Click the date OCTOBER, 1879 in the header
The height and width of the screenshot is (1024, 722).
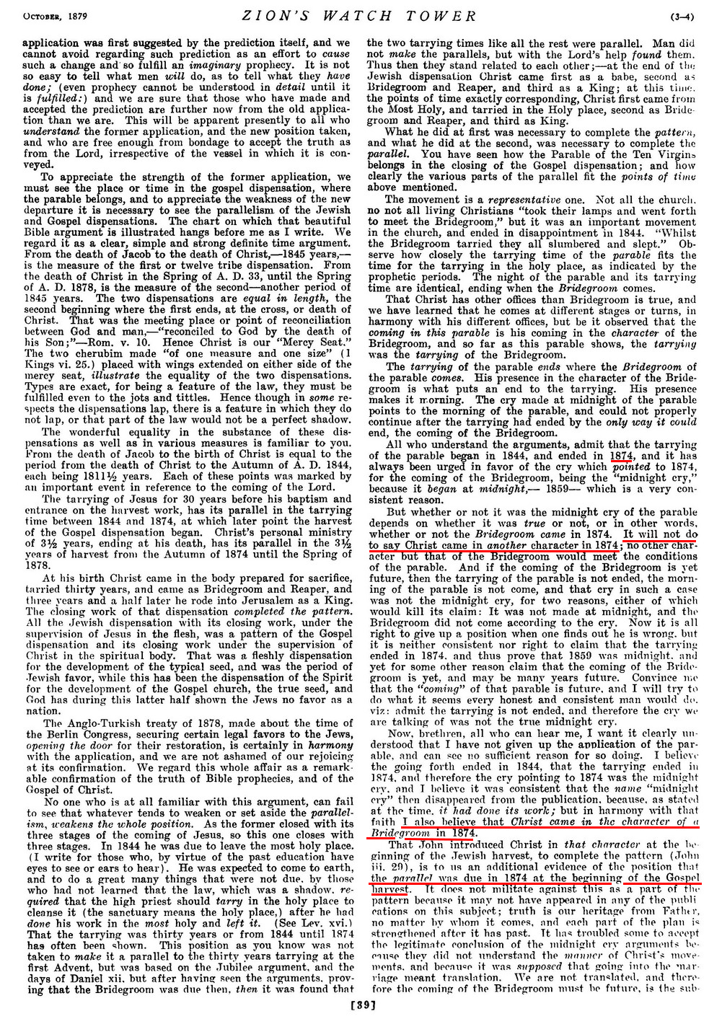[33, 16]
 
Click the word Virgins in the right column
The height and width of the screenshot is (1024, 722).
[679, 154]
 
